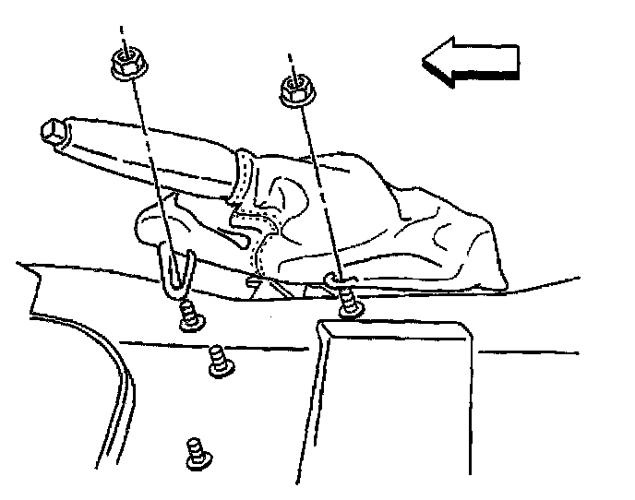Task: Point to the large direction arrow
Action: (x=470, y=63)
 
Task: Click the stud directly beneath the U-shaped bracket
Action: (x=190, y=315)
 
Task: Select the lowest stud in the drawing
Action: (x=195, y=451)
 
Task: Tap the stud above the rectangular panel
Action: (x=349, y=300)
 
